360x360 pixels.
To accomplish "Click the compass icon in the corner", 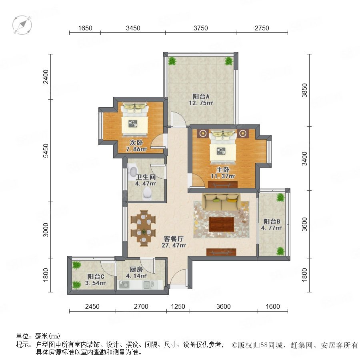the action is (22, 25).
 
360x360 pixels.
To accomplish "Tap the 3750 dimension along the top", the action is (201, 28).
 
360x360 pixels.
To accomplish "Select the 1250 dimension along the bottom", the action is (178, 306).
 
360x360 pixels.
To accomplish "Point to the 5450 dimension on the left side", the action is (46, 151).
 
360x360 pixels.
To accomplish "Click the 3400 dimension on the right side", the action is (304, 159).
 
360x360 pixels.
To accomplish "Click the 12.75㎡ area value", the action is (201, 103).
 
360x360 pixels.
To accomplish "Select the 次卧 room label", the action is (136, 142).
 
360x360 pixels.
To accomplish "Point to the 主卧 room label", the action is (223, 170).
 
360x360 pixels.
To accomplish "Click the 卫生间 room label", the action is (146, 177).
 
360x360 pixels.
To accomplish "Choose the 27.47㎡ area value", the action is (174, 245).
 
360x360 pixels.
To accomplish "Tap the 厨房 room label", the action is (136, 269).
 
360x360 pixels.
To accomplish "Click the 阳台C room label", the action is (96, 277).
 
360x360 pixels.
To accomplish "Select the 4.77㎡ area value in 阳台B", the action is (271, 228).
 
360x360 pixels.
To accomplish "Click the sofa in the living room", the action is (221, 202).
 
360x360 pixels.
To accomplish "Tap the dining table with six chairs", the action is (144, 228).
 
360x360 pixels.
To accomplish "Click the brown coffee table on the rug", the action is (222, 224).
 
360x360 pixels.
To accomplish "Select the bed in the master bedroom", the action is (223, 147).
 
